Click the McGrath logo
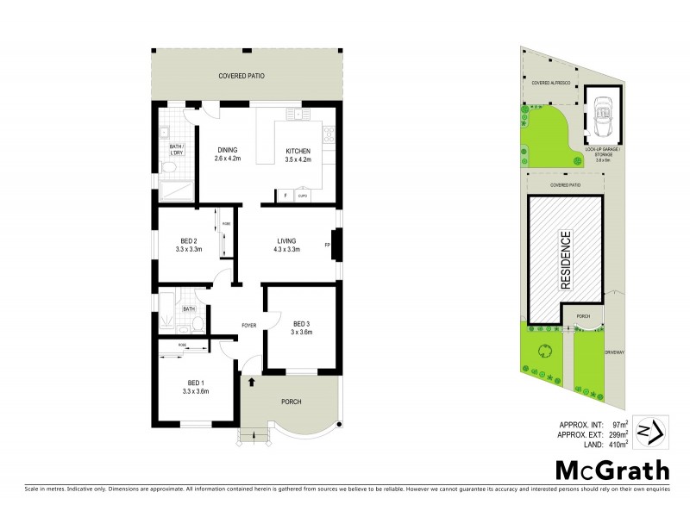click(611, 470)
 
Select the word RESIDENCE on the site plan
click(566, 259)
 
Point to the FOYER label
click(249, 325)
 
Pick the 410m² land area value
click(616, 445)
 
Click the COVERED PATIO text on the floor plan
click(241, 77)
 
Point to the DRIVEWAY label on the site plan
click(615, 352)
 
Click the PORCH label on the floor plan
click(290, 402)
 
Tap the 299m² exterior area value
click(616, 435)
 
